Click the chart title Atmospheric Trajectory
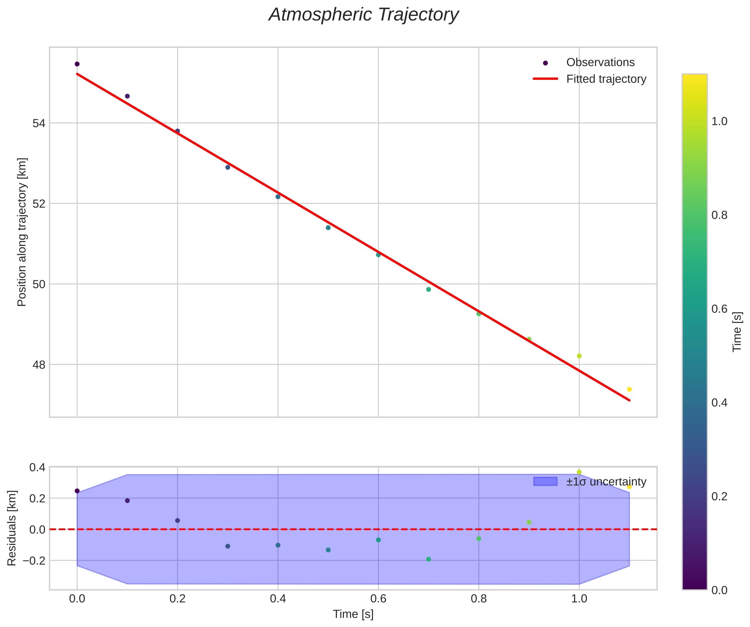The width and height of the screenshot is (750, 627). click(364, 15)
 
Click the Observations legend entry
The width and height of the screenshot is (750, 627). click(600, 63)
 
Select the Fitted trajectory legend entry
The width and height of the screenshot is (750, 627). click(606, 79)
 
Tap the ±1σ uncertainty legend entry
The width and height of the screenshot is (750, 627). click(606, 482)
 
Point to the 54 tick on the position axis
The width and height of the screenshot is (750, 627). click(39, 123)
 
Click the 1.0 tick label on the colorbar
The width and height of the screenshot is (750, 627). click(719, 122)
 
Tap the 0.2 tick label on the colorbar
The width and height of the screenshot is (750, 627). click(719, 497)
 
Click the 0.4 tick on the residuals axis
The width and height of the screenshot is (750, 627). click(37, 467)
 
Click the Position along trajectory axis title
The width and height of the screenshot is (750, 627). click(22, 232)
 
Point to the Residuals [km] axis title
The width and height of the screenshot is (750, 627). click(12, 528)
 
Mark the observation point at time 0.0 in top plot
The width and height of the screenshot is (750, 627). click(77, 64)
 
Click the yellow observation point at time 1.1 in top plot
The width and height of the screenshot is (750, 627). click(629, 389)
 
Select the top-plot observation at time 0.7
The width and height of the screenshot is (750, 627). click(428, 289)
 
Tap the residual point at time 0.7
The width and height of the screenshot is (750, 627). click(428, 559)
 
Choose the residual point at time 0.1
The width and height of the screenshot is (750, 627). click(127, 501)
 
